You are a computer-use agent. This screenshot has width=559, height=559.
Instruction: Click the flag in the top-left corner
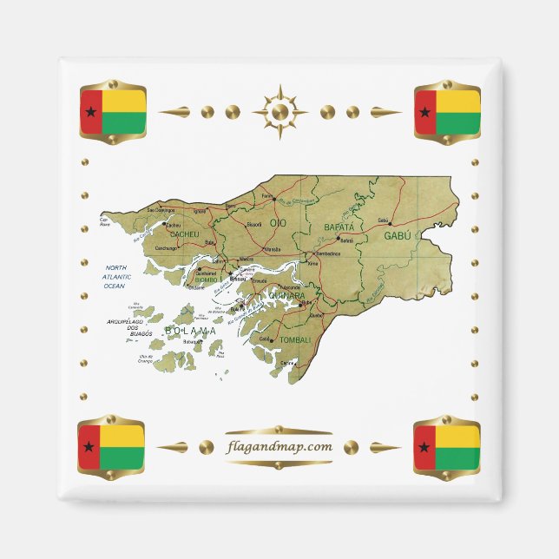pyautogui.click(x=112, y=112)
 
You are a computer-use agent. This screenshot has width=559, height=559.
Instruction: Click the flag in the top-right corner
pyautogui.click(x=447, y=112)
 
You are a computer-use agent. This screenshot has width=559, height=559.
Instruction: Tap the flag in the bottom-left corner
pyautogui.click(x=111, y=447)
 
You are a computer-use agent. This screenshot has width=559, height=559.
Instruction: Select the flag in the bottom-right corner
pyautogui.click(x=447, y=447)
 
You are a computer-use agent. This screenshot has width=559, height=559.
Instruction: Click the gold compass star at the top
pyautogui.click(x=279, y=112)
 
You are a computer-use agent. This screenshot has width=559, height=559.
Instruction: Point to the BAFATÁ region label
pyautogui.click(x=339, y=227)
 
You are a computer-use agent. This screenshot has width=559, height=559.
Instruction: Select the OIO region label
pyautogui.click(x=278, y=224)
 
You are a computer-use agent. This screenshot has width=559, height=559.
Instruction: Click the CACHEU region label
pyautogui.click(x=185, y=234)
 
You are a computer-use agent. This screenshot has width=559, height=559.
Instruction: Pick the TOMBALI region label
pyautogui.click(x=296, y=339)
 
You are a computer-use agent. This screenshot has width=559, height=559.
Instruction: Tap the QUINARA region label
pyautogui.click(x=287, y=295)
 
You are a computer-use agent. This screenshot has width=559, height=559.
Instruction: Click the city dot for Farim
pyautogui.click(x=274, y=197)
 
